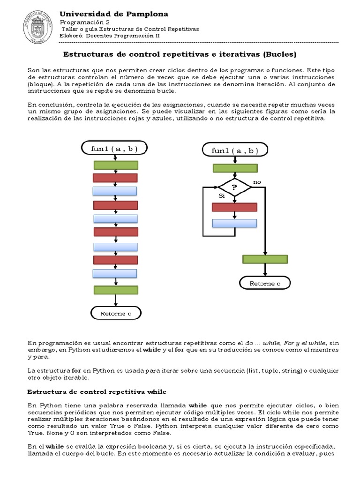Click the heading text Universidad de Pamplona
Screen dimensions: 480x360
tap(113, 15)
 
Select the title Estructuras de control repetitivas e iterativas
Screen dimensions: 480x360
tap(180, 54)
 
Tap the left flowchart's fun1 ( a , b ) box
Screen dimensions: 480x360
tap(115, 149)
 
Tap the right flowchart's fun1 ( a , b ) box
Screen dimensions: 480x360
tap(235, 150)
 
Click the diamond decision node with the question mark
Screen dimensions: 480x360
tap(234, 187)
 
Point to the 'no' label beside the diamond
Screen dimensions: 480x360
tap(257, 181)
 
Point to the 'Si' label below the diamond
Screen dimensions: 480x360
tap(222, 195)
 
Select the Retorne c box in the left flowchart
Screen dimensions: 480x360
tap(115, 313)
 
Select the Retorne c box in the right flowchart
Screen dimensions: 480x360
tap(265, 283)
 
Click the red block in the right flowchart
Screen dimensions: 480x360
tap(234, 207)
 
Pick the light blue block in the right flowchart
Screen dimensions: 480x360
tap(234, 223)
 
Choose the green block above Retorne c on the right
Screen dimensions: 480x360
tap(265, 259)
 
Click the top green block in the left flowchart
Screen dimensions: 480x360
tap(116, 165)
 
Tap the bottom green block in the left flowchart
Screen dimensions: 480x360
tap(115, 290)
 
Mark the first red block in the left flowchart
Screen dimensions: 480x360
tap(115, 178)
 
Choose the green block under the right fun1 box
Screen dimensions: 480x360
tap(235, 168)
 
